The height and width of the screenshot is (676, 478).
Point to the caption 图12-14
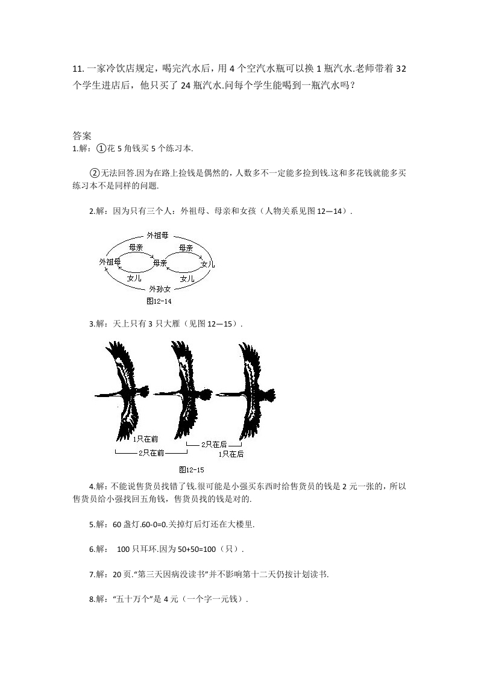coord(159,301)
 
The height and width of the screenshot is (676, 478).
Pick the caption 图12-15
coord(192,469)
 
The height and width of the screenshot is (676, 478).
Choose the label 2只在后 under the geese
coord(213,444)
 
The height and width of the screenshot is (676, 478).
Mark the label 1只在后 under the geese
coord(231,454)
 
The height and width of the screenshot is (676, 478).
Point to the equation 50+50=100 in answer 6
coord(192,549)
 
